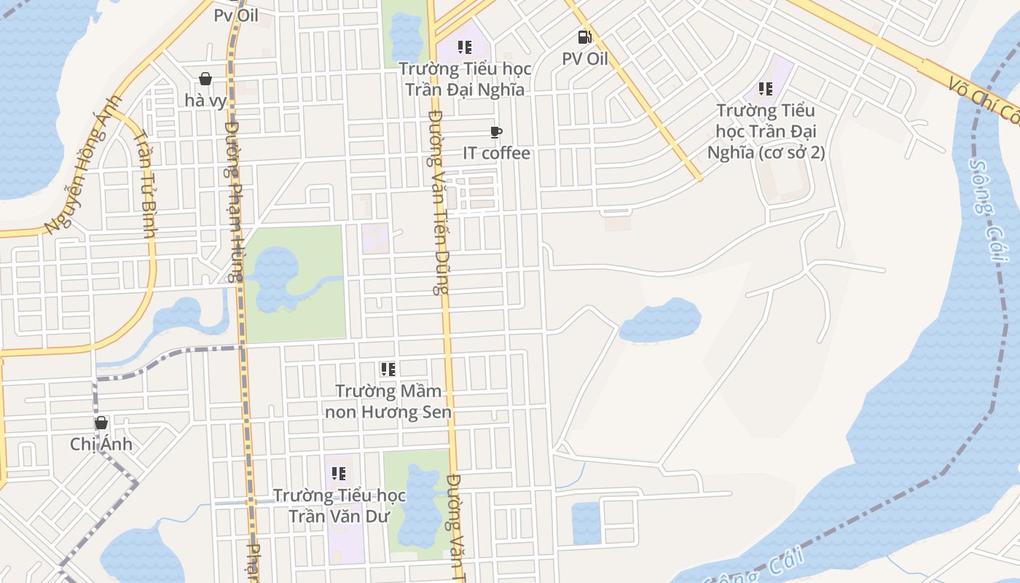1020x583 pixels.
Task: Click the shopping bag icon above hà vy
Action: pos(205,79)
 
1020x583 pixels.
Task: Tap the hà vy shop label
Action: pos(206,101)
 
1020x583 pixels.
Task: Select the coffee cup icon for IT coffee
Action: pos(496,132)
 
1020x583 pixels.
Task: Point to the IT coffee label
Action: pos(497,153)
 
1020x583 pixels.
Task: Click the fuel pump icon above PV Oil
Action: pos(584,36)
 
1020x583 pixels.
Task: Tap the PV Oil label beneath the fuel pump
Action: pos(584,58)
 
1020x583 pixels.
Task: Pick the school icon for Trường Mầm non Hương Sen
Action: pos(388,369)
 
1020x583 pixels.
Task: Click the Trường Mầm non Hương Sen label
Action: pos(388,402)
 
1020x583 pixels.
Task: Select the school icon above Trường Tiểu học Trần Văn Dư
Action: pos(339,474)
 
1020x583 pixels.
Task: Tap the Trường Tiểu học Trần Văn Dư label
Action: pos(340,506)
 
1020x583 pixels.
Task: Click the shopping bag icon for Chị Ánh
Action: pos(101,423)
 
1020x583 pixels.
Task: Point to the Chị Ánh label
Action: pos(101,444)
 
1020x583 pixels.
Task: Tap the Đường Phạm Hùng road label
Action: pos(233,201)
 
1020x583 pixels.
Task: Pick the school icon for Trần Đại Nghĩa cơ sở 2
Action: pos(765,89)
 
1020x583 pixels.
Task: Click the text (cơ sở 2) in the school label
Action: pos(790,152)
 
